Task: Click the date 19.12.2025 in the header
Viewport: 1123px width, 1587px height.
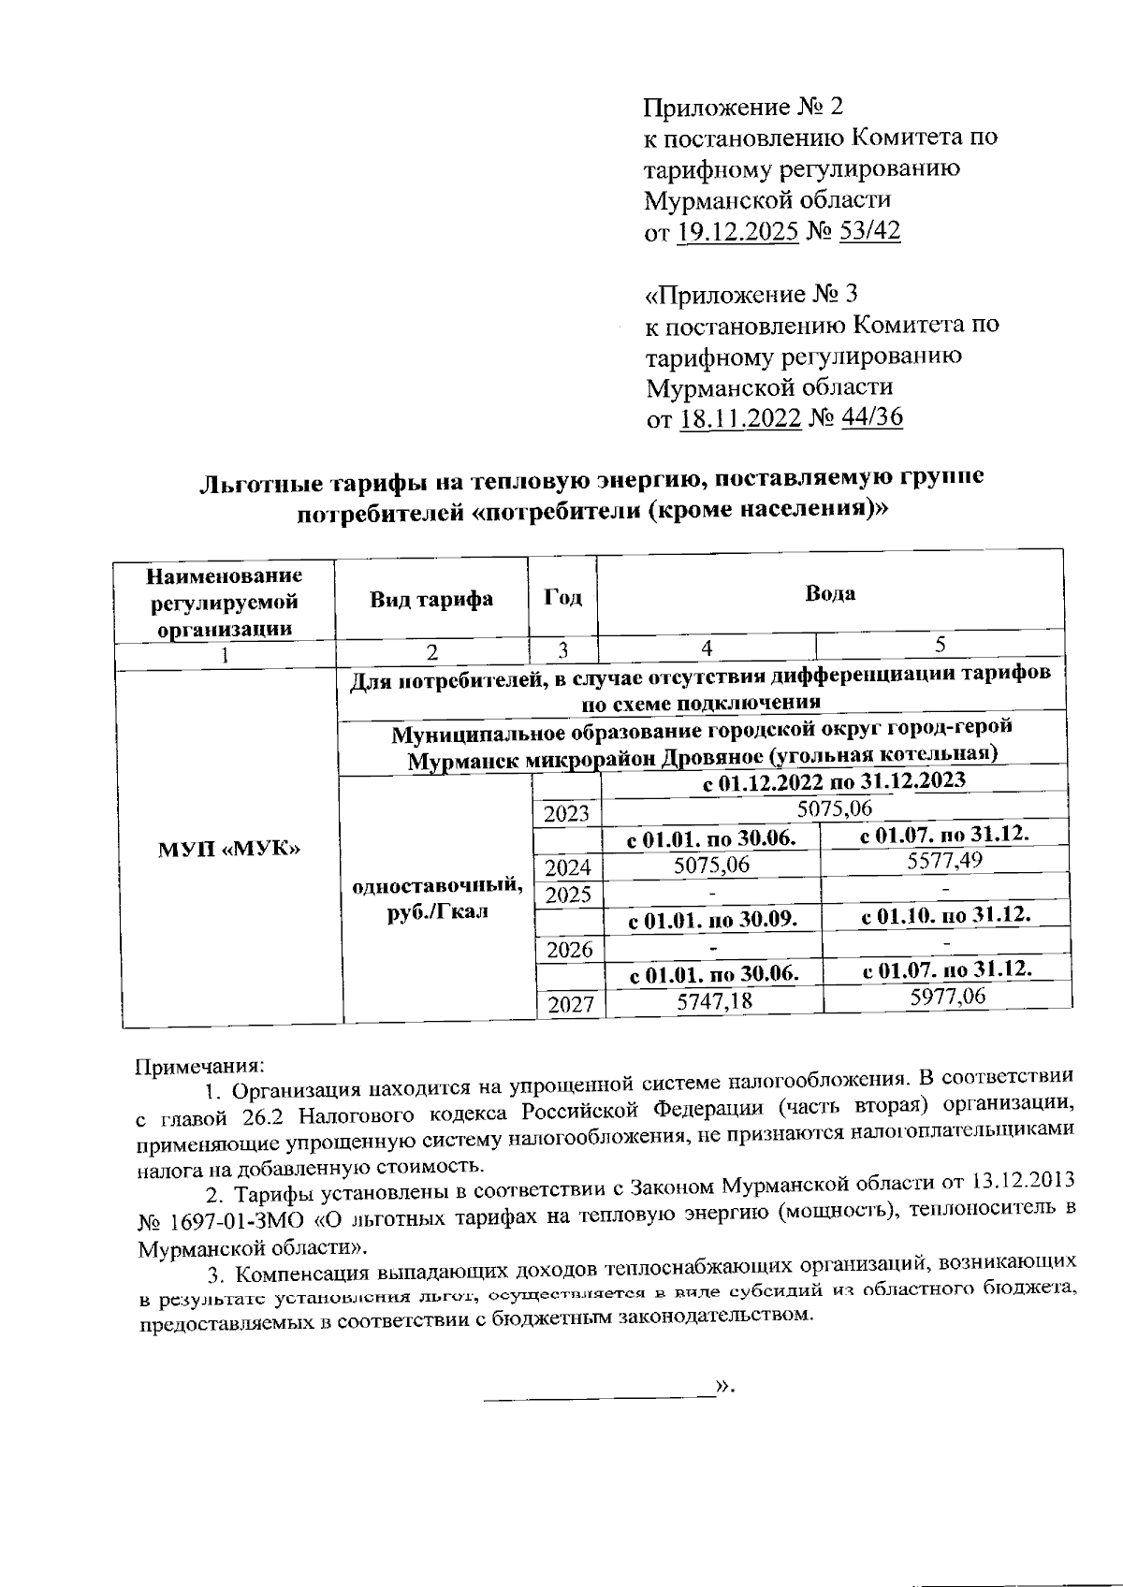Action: pos(737,231)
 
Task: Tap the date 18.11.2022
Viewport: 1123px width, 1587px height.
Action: pos(740,418)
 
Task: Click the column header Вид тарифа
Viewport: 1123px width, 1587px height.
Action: pos(431,599)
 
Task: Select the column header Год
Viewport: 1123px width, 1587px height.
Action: pos(562,599)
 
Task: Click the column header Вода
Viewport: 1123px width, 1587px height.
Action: pos(830,593)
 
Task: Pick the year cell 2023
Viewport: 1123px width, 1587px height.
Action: pos(566,814)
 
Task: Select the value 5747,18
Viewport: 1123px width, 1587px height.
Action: pos(714,1001)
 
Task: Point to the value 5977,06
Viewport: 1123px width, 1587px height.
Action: pos(947,997)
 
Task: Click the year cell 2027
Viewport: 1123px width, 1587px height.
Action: pos(570,1006)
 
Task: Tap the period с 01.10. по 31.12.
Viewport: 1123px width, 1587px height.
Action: pos(945,915)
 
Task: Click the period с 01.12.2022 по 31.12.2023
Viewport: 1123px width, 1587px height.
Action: pos(834,780)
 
